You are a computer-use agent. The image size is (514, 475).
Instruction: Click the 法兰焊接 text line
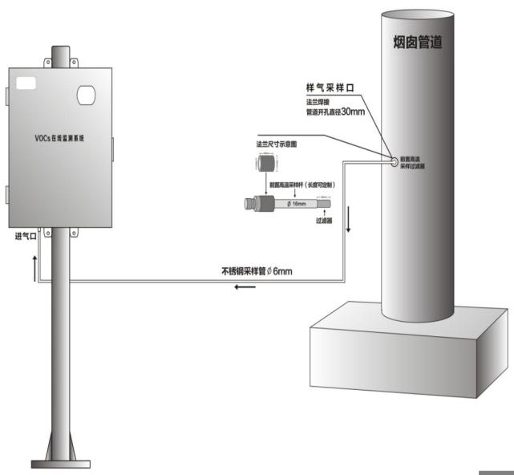coord(322,102)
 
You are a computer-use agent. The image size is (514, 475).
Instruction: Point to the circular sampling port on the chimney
coord(394,160)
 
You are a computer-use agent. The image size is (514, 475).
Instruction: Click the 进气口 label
coord(26,238)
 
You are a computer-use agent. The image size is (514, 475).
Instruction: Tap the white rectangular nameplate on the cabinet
coord(26,82)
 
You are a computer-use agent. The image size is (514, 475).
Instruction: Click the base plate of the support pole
coord(62,461)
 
